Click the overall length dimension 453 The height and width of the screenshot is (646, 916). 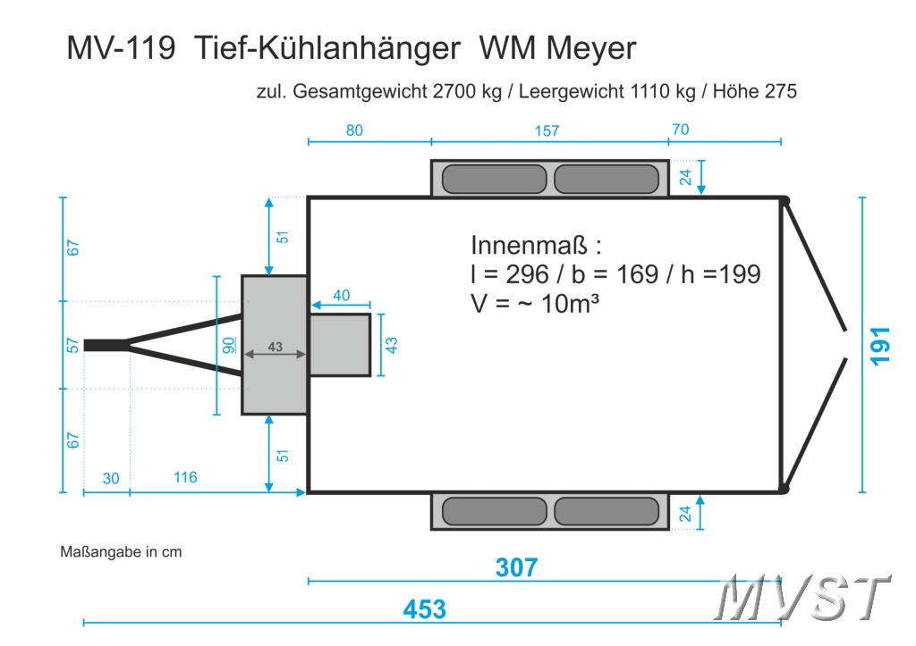point(424,609)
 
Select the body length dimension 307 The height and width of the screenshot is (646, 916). point(516,567)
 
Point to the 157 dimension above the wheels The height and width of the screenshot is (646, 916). point(547,131)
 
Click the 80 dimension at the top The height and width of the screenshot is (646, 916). point(354,130)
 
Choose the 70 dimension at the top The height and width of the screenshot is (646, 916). point(680,130)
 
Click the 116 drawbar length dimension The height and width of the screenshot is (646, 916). point(185,477)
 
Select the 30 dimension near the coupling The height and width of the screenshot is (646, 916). point(110,478)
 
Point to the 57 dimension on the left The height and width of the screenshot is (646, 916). point(73,345)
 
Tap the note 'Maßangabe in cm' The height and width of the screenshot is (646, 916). point(121,551)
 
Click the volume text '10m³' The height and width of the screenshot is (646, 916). point(570,303)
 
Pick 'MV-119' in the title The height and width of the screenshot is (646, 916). point(121,47)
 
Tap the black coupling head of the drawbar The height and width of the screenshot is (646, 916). point(104,345)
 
